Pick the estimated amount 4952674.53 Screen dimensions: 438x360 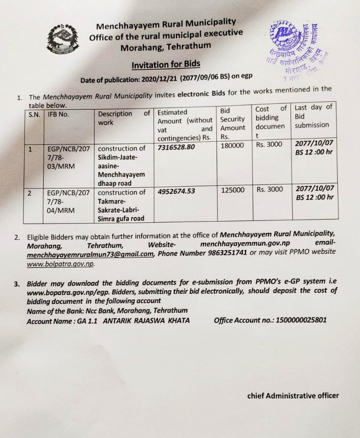point(176,192)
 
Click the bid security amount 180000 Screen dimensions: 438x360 point(232,145)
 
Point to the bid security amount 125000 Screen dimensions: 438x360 point(232,190)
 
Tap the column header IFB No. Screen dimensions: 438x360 point(59,114)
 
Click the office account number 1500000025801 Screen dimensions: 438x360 point(295,320)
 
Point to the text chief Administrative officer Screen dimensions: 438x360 point(293,395)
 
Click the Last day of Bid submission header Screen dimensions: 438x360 point(314,116)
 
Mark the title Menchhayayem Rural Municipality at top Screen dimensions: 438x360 point(166,24)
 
